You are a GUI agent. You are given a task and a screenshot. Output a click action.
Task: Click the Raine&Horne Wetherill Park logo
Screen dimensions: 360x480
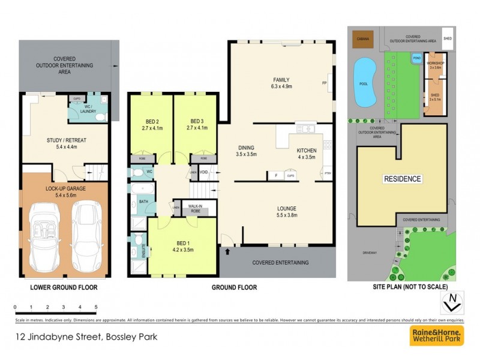[x=436, y=336]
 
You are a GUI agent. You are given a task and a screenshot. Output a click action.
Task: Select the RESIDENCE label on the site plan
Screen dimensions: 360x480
[x=403, y=179]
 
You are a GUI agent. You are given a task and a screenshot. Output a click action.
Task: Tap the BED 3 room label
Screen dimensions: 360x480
[x=197, y=120]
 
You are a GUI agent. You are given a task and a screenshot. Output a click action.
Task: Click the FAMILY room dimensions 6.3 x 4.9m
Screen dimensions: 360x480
[x=281, y=87]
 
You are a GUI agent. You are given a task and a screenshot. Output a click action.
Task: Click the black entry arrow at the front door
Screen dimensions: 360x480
[x=227, y=251]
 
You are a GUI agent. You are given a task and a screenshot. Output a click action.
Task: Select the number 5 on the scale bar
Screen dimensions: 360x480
[x=96, y=307]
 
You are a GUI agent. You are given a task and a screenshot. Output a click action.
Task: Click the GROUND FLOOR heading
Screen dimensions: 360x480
[x=234, y=287]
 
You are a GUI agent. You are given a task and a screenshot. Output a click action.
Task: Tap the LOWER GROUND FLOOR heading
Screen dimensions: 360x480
[x=64, y=287]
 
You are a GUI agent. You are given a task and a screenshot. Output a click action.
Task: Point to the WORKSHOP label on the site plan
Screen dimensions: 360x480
[x=434, y=63]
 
